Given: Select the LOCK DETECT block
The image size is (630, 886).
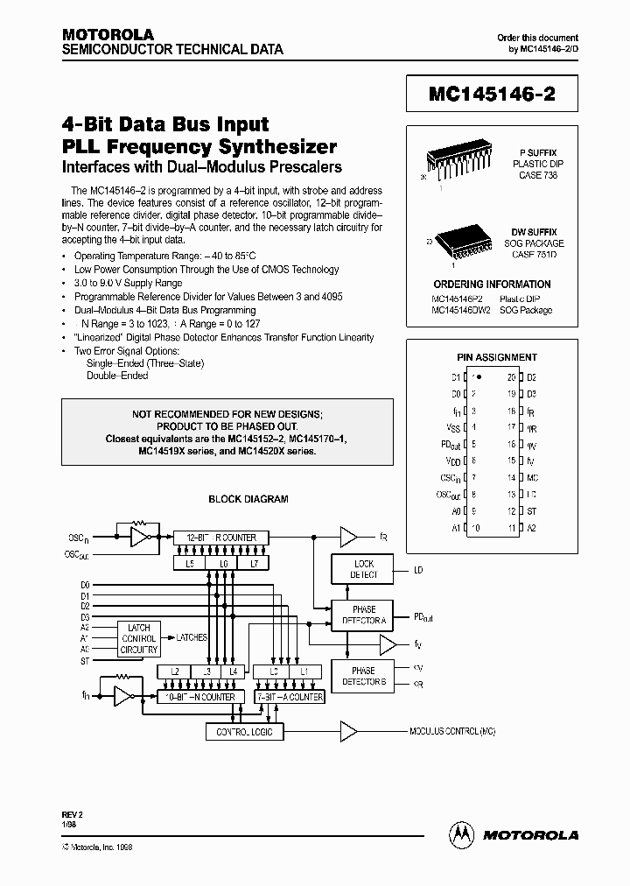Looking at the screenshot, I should [362, 569].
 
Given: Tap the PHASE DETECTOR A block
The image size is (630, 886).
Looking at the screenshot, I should [362, 614].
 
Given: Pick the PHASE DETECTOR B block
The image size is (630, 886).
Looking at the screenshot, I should [362, 676].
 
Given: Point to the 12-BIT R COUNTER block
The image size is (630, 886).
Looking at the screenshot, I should [220, 537].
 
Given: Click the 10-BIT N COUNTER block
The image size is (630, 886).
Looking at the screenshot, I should [200, 697].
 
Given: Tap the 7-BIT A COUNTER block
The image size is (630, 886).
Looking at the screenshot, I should [289, 697].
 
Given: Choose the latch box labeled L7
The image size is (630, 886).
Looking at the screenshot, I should [254, 563].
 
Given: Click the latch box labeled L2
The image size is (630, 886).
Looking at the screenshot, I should [174, 671].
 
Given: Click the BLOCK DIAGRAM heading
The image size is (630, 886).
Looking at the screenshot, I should [248, 499].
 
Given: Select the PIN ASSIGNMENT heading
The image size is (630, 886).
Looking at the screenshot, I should [497, 357].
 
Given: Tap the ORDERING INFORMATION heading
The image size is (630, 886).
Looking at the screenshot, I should [492, 285].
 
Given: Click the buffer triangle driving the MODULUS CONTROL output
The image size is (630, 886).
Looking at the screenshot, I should [348, 730].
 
